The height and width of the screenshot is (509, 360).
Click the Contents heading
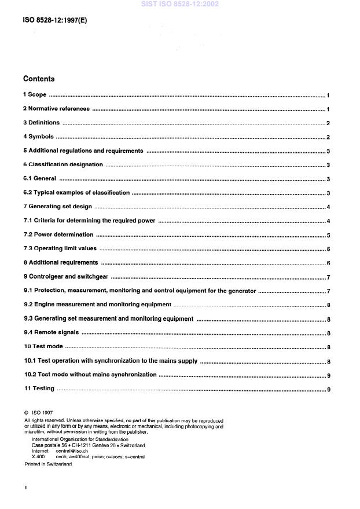(39, 79)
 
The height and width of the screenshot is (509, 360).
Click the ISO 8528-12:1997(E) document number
(56, 20)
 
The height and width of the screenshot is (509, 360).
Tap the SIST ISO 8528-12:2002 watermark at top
(179, 4)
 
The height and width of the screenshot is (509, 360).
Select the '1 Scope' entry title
(35, 95)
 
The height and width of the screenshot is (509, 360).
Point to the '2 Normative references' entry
(56, 109)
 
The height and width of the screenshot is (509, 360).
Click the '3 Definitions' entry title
(41, 123)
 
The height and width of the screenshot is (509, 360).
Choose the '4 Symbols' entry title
(38, 137)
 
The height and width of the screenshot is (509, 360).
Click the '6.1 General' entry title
(40, 179)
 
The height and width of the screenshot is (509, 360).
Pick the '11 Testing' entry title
(39, 389)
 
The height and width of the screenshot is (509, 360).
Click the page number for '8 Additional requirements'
(328, 263)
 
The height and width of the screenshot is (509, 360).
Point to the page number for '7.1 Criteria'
(328, 221)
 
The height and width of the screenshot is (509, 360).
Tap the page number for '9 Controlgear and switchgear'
(328, 277)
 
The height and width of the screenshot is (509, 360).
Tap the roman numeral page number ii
(26, 488)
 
